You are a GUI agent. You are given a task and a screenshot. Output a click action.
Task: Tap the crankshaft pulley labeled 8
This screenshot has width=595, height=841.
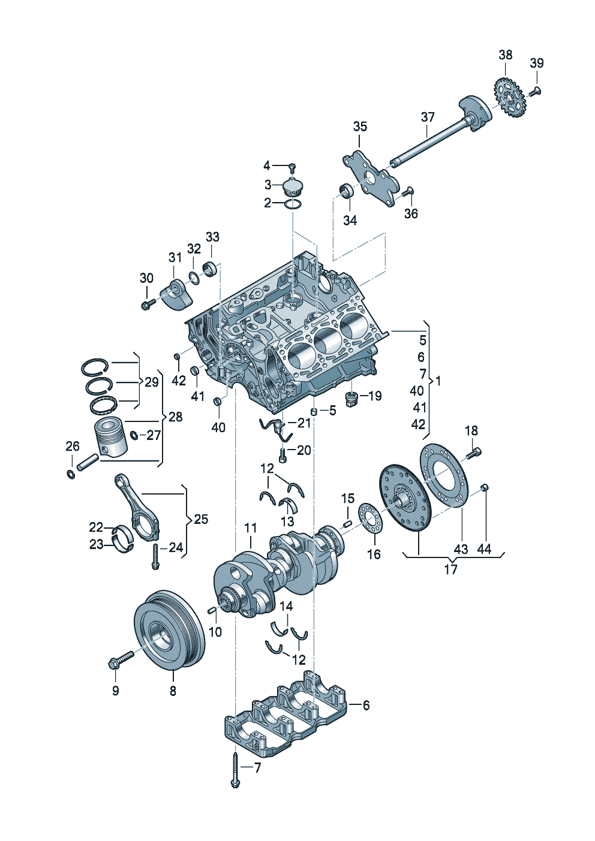tap(169, 629)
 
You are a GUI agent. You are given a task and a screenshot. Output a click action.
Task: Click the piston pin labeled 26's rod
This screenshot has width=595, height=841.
tap(86, 462)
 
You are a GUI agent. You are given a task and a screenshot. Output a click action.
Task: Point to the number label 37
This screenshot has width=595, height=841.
tap(427, 117)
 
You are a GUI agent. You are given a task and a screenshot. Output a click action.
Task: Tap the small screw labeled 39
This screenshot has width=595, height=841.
tap(536, 91)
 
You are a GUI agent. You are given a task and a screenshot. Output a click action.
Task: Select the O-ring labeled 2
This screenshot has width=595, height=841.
tap(293, 204)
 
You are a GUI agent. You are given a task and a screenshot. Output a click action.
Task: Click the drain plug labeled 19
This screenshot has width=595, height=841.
tap(351, 397)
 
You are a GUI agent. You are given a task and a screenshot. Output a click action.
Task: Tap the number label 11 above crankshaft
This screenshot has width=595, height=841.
tap(251, 528)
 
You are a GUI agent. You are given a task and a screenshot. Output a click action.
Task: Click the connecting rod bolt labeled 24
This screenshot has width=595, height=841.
tap(155, 556)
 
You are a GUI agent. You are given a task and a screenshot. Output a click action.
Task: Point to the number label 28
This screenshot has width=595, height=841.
tap(175, 417)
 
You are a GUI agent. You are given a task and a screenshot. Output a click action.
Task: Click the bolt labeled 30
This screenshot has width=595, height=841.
tap(147, 305)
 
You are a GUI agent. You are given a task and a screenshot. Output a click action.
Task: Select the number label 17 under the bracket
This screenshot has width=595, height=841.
tap(450, 569)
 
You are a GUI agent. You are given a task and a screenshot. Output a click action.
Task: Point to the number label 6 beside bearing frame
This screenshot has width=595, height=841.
tap(366, 706)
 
